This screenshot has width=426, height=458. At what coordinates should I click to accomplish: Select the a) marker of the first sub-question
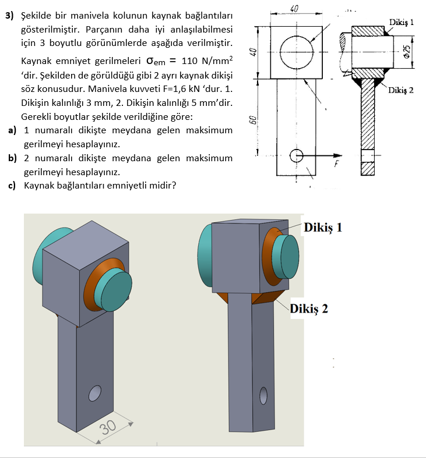click(12, 130)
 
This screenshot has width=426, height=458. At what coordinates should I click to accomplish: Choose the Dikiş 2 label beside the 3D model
click(309, 308)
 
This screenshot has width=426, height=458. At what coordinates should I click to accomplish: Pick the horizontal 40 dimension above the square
click(294, 8)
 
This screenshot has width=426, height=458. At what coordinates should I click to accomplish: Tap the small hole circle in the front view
click(296, 156)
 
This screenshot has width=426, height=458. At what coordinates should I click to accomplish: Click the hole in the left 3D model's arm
click(94, 394)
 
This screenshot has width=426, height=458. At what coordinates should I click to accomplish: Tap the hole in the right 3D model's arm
click(264, 396)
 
